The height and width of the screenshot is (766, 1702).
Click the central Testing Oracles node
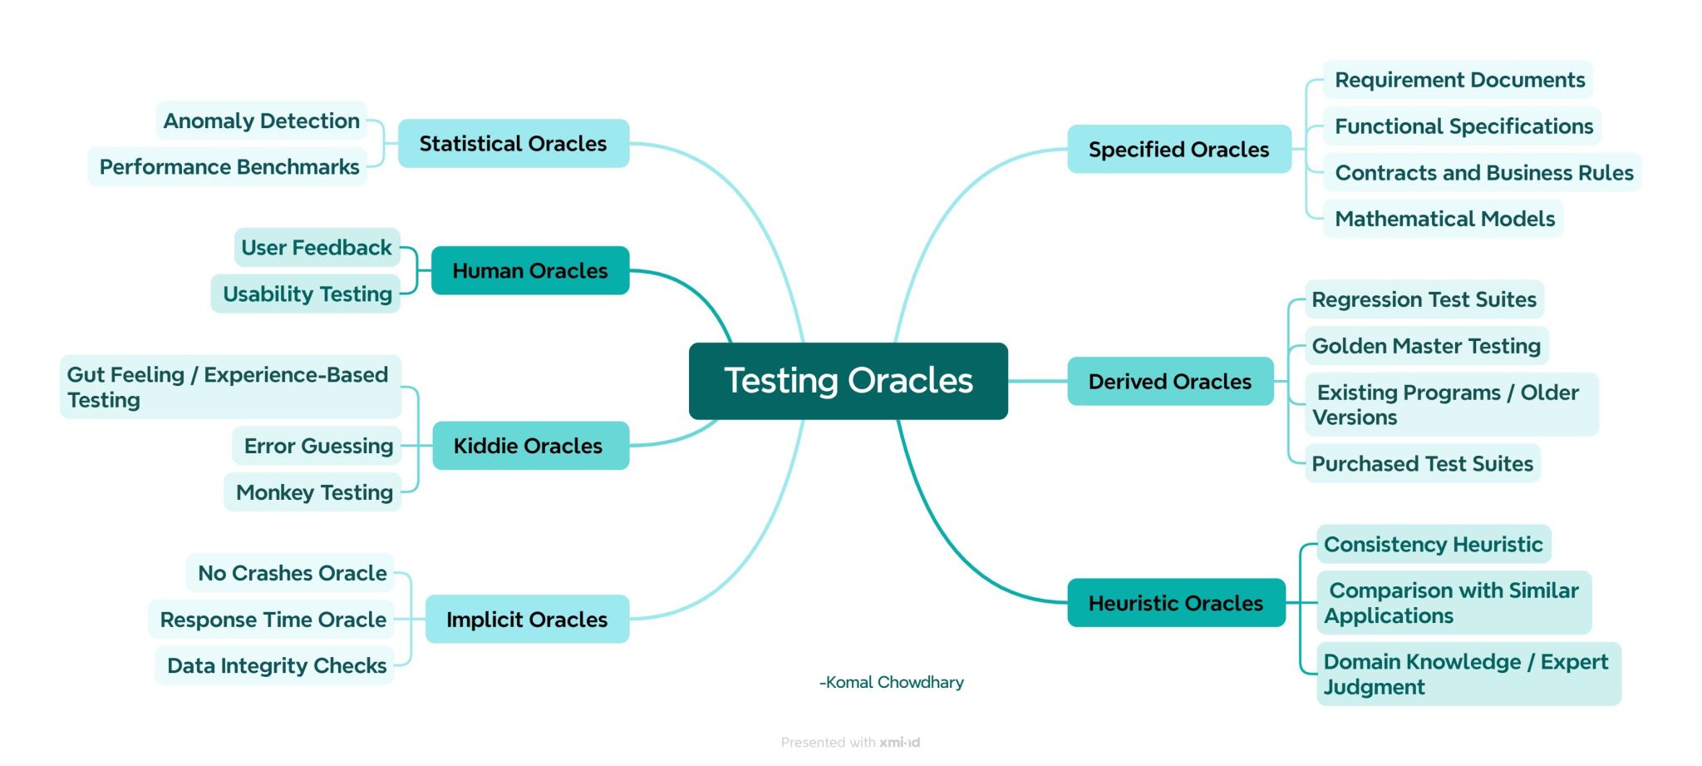(848, 381)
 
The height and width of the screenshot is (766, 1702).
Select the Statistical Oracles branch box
(513, 144)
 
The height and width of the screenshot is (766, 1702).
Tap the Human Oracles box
(529, 270)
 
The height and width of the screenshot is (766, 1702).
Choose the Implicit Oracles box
(527, 620)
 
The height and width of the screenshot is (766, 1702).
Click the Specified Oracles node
(1178, 150)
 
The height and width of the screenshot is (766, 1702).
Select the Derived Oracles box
(1169, 382)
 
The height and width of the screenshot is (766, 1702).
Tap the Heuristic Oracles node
(1175, 603)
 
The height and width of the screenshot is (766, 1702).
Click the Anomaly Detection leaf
(261, 121)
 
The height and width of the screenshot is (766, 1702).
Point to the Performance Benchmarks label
(229, 167)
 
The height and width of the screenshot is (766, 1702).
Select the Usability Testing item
(307, 294)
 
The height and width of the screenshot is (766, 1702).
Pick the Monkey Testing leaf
(313, 492)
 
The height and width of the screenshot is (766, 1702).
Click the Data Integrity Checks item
(276, 665)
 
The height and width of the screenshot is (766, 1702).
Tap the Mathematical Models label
(1444, 219)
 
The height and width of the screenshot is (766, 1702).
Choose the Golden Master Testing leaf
(1425, 346)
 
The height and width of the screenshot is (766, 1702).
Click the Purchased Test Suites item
(1422, 464)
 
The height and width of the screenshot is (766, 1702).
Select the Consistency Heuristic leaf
(1433, 545)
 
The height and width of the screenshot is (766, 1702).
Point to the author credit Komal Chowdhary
(892, 683)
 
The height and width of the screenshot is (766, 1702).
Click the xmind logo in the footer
(899, 743)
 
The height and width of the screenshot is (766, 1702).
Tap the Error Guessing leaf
(317, 447)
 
